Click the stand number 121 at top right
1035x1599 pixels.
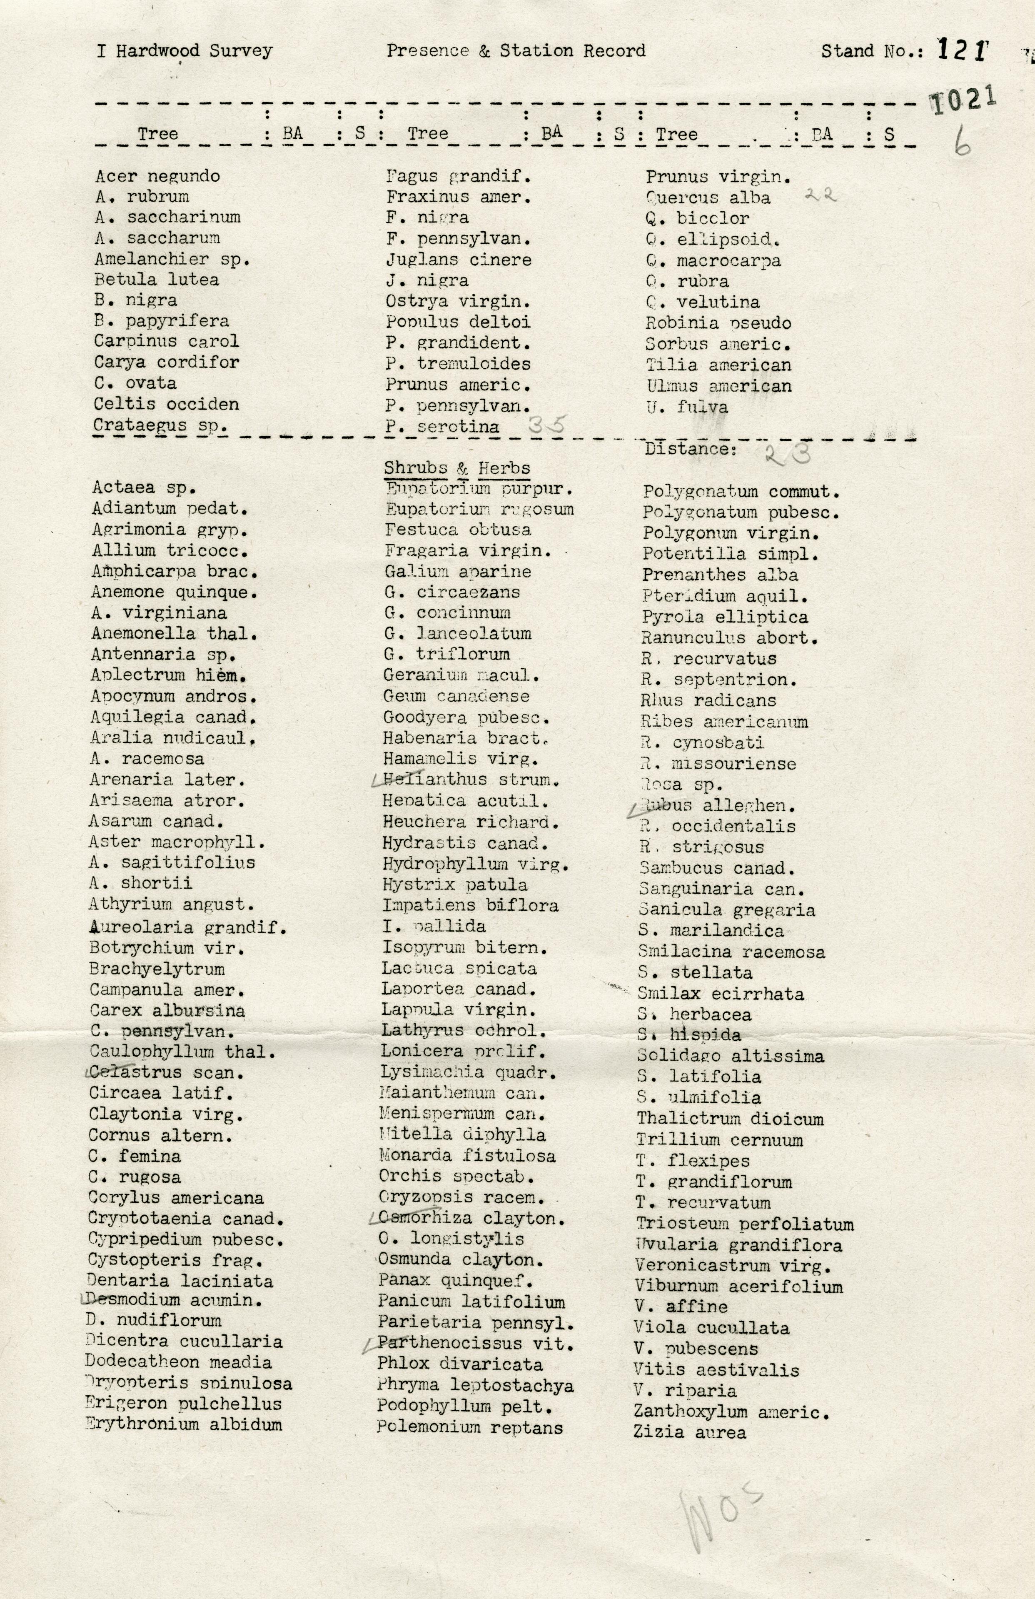(x=963, y=50)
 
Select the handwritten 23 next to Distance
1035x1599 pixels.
(x=787, y=455)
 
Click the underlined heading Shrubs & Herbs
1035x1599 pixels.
(x=457, y=468)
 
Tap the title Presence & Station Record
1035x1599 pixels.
(x=516, y=50)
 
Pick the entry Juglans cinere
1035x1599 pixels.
(x=458, y=259)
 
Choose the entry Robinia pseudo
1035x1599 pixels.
(x=718, y=323)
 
